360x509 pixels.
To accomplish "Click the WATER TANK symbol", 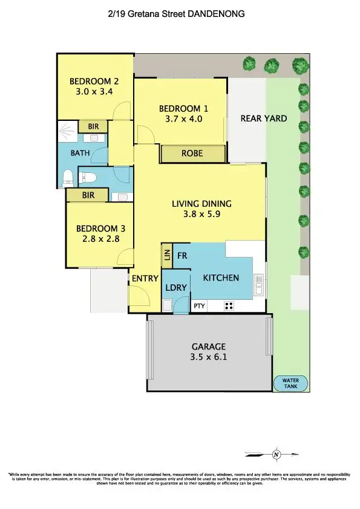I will pyautogui.click(x=291, y=384).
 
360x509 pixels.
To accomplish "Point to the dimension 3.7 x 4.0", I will pyautogui.click(x=183, y=119).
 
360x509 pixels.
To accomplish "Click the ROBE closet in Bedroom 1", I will pyautogui.click(x=192, y=154).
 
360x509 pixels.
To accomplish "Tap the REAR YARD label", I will pyautogui.click(x=263, y=118).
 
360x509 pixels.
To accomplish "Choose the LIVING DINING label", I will pyautogui.click(x=201, y=204).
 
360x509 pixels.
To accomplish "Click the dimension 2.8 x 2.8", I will pyautogui.click(x=97, y=239).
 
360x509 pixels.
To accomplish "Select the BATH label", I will pyautogui.click(x=80, y=153).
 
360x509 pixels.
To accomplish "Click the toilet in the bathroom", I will pyautogui.click(x=69, y=178).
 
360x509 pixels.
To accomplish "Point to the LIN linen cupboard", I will pyautogui.click(x=166, y=256).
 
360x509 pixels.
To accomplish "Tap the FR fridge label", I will pyautogui.click(x=182, y=256).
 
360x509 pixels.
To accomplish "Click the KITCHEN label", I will pyautogui.click(x=220, y=278).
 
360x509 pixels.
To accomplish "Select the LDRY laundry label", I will pyautogui.click(x=175, y=290).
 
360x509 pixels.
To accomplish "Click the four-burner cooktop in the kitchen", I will pyautogui.click(x=229, y=306).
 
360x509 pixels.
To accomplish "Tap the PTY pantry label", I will pyautogui.click(x=199, y=306).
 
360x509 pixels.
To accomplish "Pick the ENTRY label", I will pyautogui.click(x=145, y=279).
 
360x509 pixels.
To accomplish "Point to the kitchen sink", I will pyautogui.click(x=259, y=284).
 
